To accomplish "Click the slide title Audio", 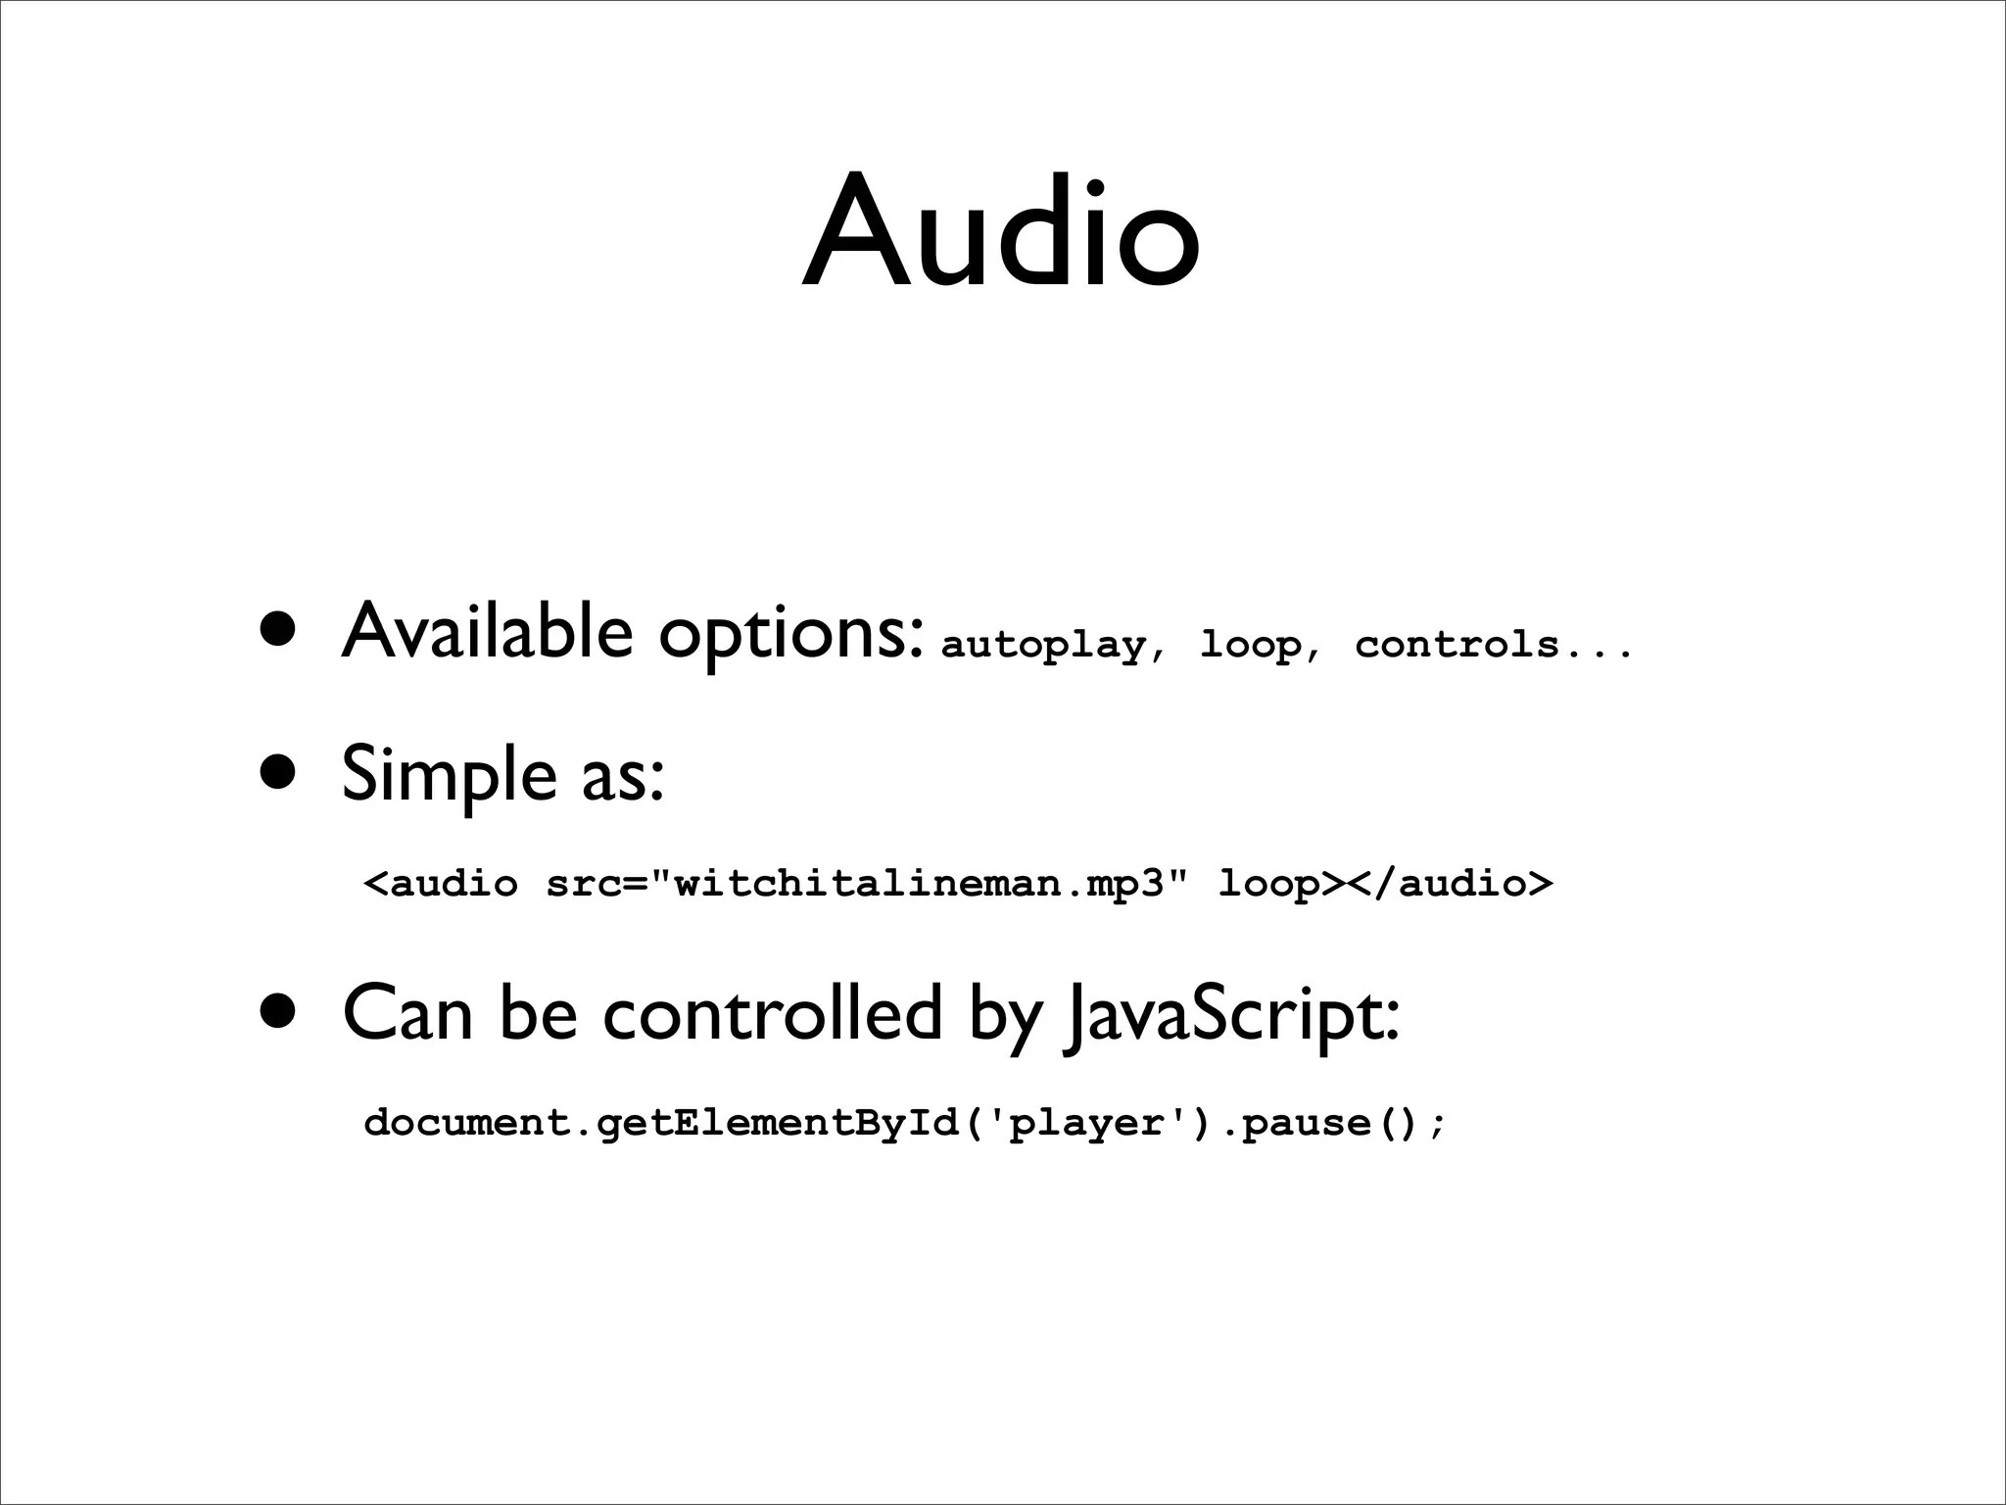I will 1001,235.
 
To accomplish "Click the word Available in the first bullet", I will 487,631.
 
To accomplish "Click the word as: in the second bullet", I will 623,776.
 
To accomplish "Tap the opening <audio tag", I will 441,884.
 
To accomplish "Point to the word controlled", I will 772,1013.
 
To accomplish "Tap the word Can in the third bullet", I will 407,1013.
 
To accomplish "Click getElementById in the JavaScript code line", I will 779,1123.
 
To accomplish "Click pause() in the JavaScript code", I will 1329,1123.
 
